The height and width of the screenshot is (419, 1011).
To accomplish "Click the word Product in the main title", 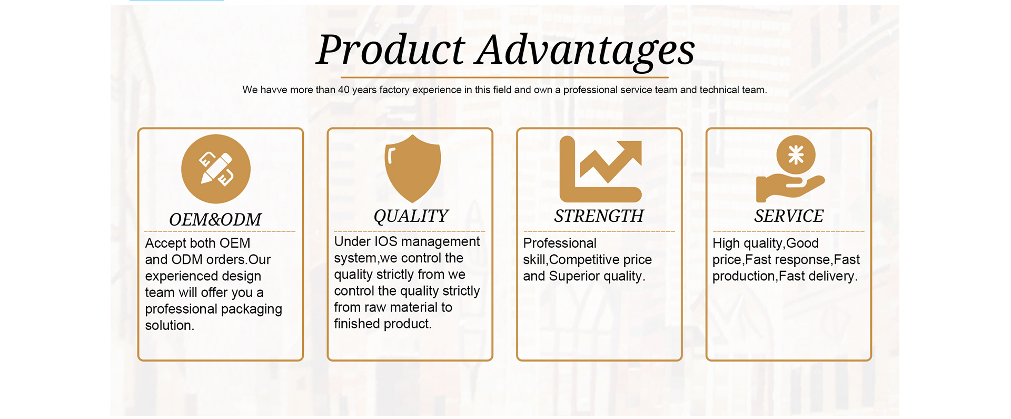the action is click(x=391, y=50).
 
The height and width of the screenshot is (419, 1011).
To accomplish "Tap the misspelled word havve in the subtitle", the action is click(x=274, y=90).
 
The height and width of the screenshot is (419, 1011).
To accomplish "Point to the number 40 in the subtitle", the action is click(x=344, y=90).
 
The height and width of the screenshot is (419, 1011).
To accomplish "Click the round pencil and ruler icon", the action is click(x=216, y=169).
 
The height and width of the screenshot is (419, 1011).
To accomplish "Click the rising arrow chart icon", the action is click(x=601, y=169).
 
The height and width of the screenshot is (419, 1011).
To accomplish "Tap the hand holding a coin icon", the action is click(x=790, y=169).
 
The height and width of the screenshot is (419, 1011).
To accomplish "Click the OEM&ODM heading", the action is click(x=215, y=219).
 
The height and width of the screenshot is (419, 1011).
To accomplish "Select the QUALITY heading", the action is click(x=411, y=216).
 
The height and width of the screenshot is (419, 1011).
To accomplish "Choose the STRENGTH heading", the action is click(x=599, y=216).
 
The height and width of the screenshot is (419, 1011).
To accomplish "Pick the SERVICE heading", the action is click(x=789, y=216).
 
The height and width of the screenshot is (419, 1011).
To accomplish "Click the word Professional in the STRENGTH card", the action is click(x=560, y=243).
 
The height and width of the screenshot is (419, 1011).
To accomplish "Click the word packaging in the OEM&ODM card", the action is click(x=251, y=309).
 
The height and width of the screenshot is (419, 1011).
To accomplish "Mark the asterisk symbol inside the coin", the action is click(x=796, y=155).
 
